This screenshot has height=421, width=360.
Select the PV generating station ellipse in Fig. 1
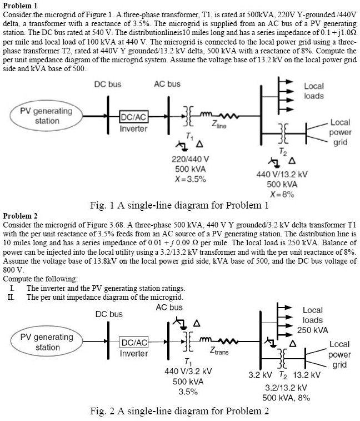(x=47, y=116)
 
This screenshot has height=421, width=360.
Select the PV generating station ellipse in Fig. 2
(x=47, y=342)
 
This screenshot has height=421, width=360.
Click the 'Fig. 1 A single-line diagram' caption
(x=179, y=206)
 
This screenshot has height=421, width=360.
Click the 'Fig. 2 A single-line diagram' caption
(x=179, y=412)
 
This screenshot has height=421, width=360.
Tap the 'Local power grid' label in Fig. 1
(x=339, y=132)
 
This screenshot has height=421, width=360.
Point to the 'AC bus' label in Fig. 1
(x=167, y=84)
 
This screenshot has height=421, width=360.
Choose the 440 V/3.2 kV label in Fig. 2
(x=188, y=371)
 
